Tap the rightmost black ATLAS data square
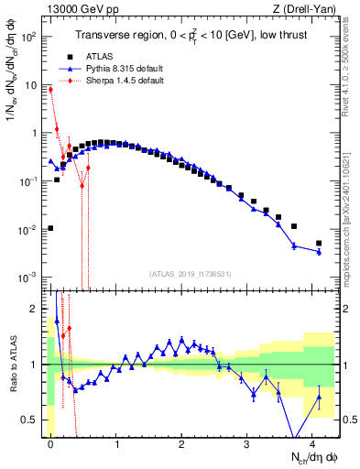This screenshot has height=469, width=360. coord(319,243)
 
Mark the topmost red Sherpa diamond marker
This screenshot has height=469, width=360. coord(50,89)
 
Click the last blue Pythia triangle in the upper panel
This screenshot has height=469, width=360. coord(319,252)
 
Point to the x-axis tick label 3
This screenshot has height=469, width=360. coord(247,442)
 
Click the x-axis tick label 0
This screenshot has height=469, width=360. coord(50,442)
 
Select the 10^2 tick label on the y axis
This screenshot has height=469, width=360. coord(30,38)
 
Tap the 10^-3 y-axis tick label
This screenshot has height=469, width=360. coord(30,277)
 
